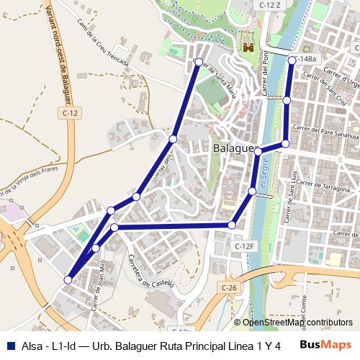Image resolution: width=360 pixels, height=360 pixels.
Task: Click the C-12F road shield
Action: [245, 246]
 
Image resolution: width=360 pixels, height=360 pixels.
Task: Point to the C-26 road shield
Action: [229, 288]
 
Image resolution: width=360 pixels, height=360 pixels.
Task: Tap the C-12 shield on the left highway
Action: [70, 113]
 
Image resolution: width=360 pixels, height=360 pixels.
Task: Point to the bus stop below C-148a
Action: [287, 100]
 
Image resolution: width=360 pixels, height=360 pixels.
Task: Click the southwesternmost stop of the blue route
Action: [68, 279]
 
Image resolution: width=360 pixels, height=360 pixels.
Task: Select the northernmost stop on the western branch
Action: [199, 63]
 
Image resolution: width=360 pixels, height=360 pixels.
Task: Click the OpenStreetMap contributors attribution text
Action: [297, 323]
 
